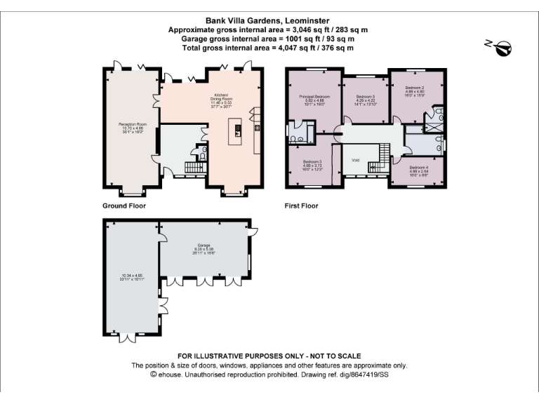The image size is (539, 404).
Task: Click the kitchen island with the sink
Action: coord(237,131)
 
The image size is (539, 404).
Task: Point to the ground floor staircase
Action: coord(192,168)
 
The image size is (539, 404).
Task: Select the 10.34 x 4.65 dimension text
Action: coord(131,276)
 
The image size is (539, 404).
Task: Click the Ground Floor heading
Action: coord(125,206)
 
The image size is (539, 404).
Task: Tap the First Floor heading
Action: coord(302,206)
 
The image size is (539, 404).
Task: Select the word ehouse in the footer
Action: coord(170,375)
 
